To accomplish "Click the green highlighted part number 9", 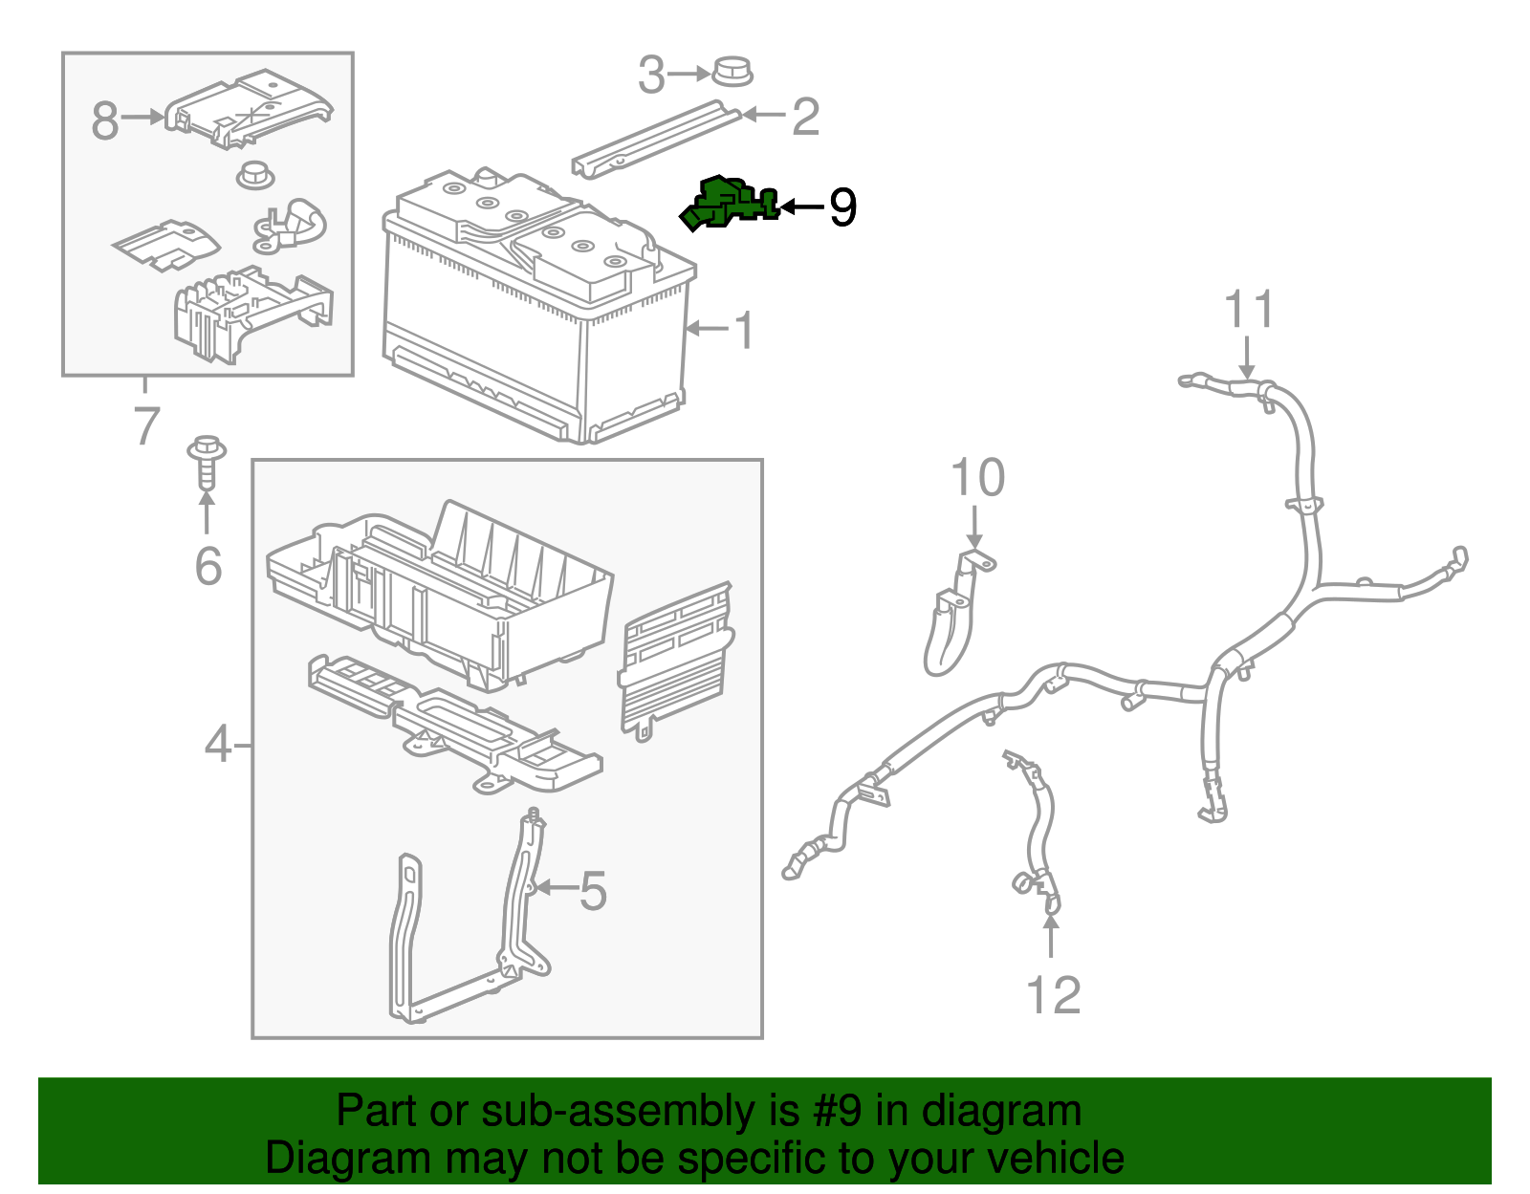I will [x=727, y=204].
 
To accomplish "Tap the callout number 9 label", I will [x=842, y=207].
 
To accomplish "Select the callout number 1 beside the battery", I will [x=743, y=331].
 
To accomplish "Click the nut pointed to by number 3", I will [x=732, y=72].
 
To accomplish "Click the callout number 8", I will [x=105, y=120].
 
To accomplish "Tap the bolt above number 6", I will [x=208, y=463].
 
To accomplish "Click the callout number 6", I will [x=208, y=566].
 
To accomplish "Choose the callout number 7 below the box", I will [x=145, y=425].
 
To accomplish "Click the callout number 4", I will [x=218, y=744].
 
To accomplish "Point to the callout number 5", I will [x=593, y=891].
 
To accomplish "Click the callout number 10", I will [x=977, y=478].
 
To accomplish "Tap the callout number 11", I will [x=1249, y=310].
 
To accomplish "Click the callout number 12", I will [x=1053, y=995].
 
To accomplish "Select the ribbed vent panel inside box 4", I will [x=675, y=660].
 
